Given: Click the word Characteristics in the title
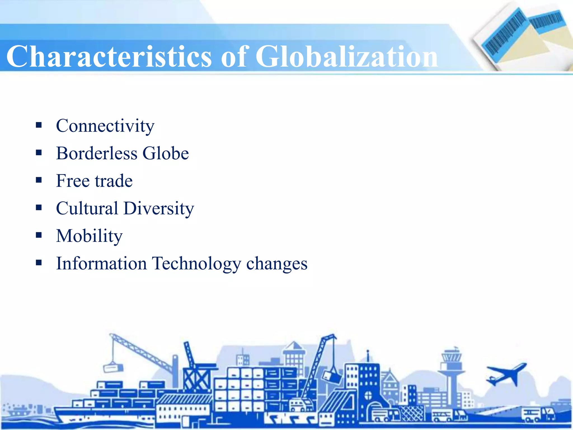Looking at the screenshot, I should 109,57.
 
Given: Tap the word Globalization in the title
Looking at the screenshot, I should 346,57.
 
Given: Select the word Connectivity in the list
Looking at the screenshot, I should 105,126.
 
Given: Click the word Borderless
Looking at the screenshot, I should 97,153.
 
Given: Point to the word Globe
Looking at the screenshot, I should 166,153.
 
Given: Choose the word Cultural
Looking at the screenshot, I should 87,208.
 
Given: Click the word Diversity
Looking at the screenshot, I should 159,209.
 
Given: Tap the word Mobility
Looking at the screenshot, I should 89,236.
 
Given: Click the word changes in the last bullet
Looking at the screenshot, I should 277,264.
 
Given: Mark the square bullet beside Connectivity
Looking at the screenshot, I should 39,125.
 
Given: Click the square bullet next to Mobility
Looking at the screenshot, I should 39,235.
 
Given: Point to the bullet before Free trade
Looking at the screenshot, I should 39,180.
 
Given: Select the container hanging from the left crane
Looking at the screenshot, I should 113,367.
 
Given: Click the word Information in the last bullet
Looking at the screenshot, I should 101,263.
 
